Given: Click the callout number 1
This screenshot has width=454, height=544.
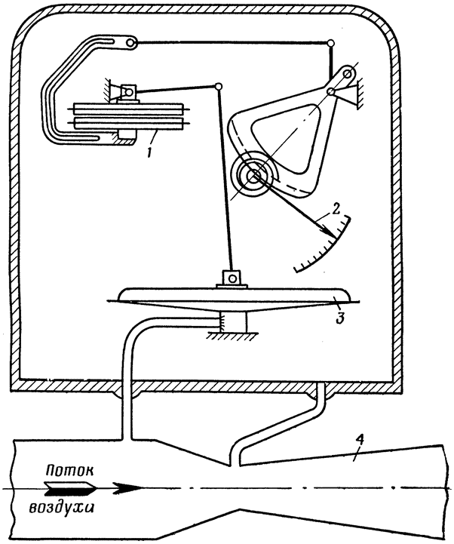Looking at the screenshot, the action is click(149, 152).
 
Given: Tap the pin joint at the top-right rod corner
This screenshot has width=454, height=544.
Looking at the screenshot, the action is click(331, 43).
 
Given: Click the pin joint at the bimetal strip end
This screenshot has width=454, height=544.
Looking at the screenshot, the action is click(130, 43).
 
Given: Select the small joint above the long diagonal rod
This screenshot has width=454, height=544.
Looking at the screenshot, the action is click(218, 86).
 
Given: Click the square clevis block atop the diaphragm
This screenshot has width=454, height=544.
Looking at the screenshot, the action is click(232, 277).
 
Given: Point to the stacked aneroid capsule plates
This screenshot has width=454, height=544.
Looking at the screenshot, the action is click(128, 116).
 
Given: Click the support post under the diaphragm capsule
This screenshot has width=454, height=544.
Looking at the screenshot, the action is click(233, 322).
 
